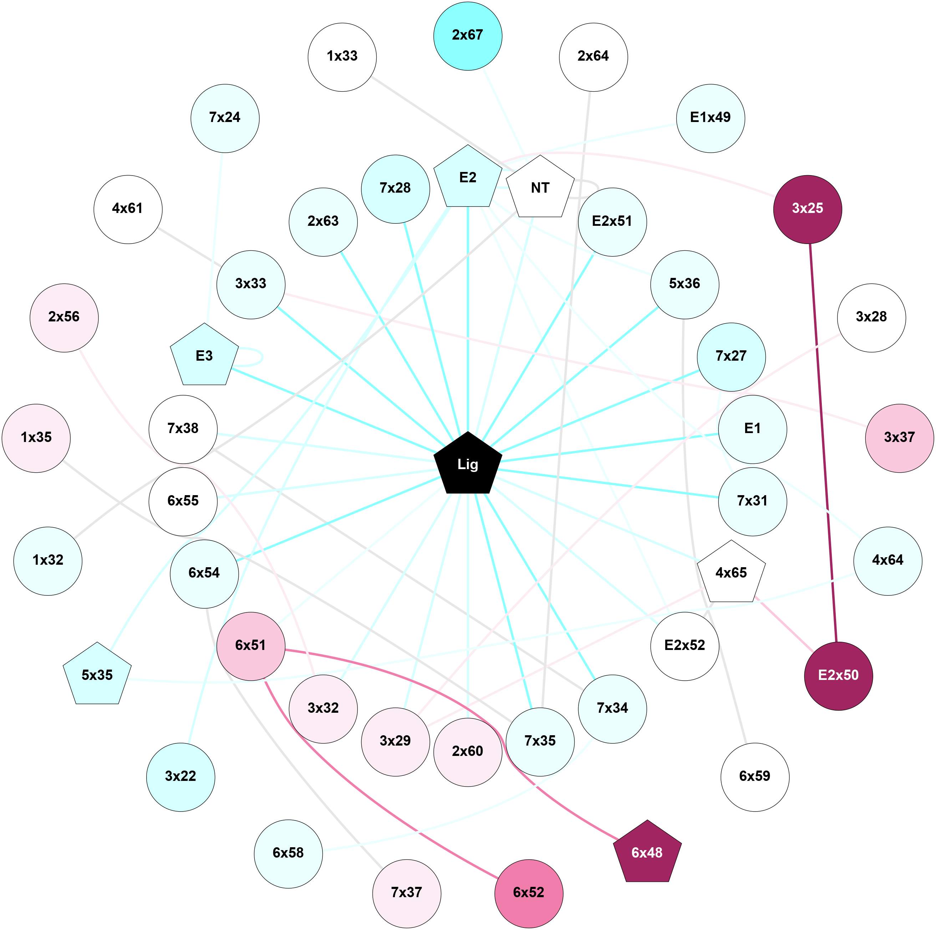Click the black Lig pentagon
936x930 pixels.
click(x=468, y=464)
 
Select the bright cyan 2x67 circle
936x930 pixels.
click(x=468, y=36)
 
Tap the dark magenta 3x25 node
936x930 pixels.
click(x=807, y=209)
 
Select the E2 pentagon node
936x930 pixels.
click(x=468, y=178)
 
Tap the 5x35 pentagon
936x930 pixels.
click(x=97, y=675)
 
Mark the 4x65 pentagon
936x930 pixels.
click(x=731, y=573)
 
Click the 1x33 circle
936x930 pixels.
click(x=342, y=57)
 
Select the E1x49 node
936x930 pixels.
click(x=710, y=118)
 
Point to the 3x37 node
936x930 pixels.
click(x=899, y=438)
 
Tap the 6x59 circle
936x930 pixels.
click(x=755, y=776)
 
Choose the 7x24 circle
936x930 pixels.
click(x=225, y=118)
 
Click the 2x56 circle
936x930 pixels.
click(x=64, y=317)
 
